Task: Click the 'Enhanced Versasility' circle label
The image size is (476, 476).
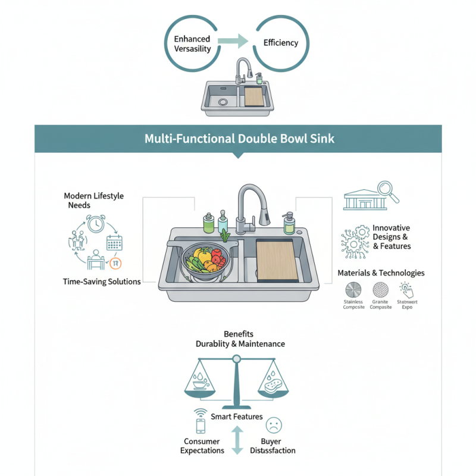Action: click(192, 43)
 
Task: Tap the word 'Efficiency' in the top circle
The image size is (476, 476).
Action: click(280, 43)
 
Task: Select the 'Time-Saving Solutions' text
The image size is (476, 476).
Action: click(102, 281)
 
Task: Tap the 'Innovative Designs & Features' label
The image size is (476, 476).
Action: click(391, 237)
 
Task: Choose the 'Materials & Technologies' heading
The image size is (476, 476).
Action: click(381, 273)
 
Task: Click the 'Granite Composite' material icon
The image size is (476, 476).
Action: click(381, 290)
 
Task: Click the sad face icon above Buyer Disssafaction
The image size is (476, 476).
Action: click(274, 425)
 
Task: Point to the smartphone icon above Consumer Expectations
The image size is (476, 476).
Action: click(201, 425)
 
